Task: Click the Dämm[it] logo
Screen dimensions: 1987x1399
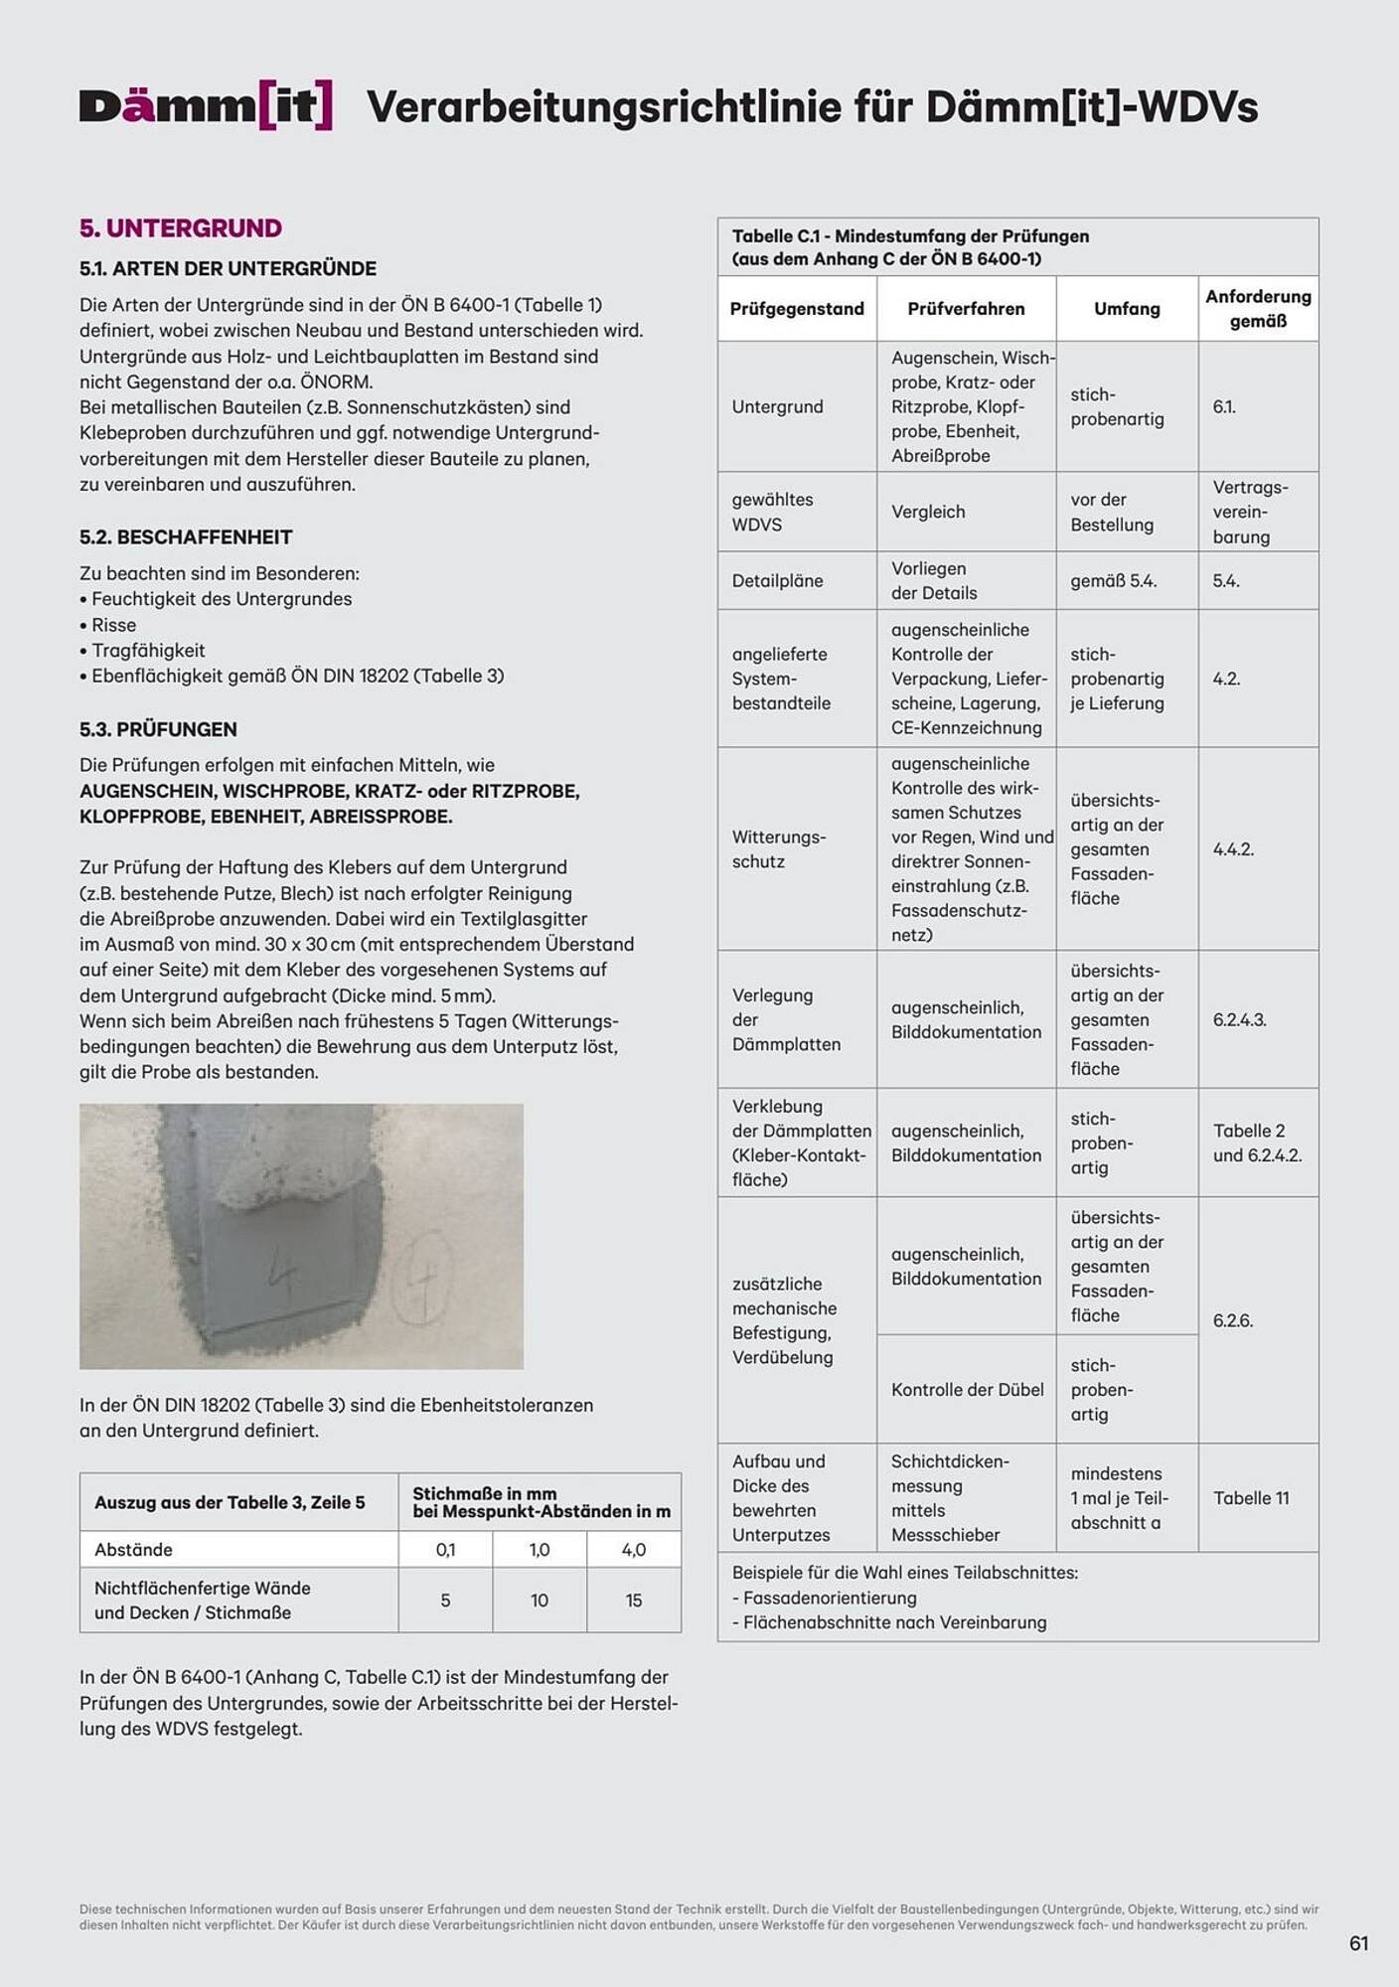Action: coord(206,105)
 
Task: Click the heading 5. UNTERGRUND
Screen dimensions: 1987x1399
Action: coord(180,229)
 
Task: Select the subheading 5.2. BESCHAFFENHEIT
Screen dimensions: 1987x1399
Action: coord(186,537)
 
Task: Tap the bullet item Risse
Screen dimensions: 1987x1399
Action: coord(113,625)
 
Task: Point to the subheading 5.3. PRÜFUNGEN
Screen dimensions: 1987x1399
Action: coord(158,729)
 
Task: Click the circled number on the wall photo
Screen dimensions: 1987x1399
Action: coord(422,1277)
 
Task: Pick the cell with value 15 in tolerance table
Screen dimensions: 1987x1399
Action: coord(633,1601)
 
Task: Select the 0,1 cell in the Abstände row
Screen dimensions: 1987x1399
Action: coord(445,1550)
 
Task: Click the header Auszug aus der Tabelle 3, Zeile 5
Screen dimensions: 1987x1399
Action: coord(230,1502)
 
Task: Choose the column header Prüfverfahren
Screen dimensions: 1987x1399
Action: coord(965,309)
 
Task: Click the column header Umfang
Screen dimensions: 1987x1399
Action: coord(1127,309)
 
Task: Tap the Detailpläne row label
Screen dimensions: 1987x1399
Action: coord(777,581)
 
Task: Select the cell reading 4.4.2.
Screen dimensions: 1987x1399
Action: coord(1233,849)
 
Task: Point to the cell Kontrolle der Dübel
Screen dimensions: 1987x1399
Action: coord(967,1390)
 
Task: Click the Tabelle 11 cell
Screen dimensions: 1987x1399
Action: coord(1251,1498)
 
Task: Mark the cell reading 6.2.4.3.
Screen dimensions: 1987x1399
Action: coord(1239,1020)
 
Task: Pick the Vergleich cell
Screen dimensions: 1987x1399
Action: coord(928,512)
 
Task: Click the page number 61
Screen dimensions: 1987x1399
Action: coord(1358,1944)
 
